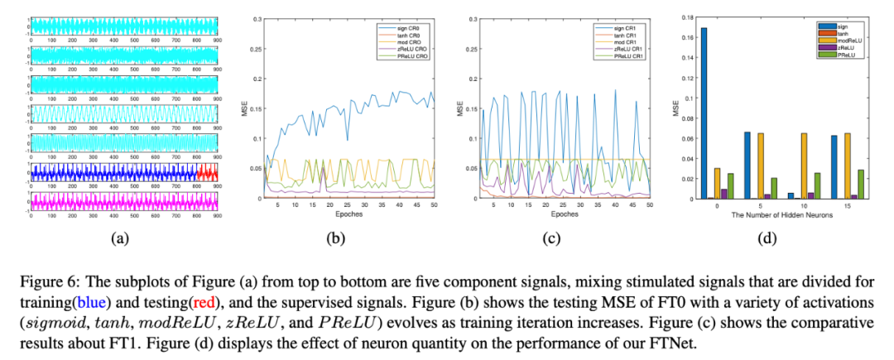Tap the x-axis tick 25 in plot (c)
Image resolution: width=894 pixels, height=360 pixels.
563,205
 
